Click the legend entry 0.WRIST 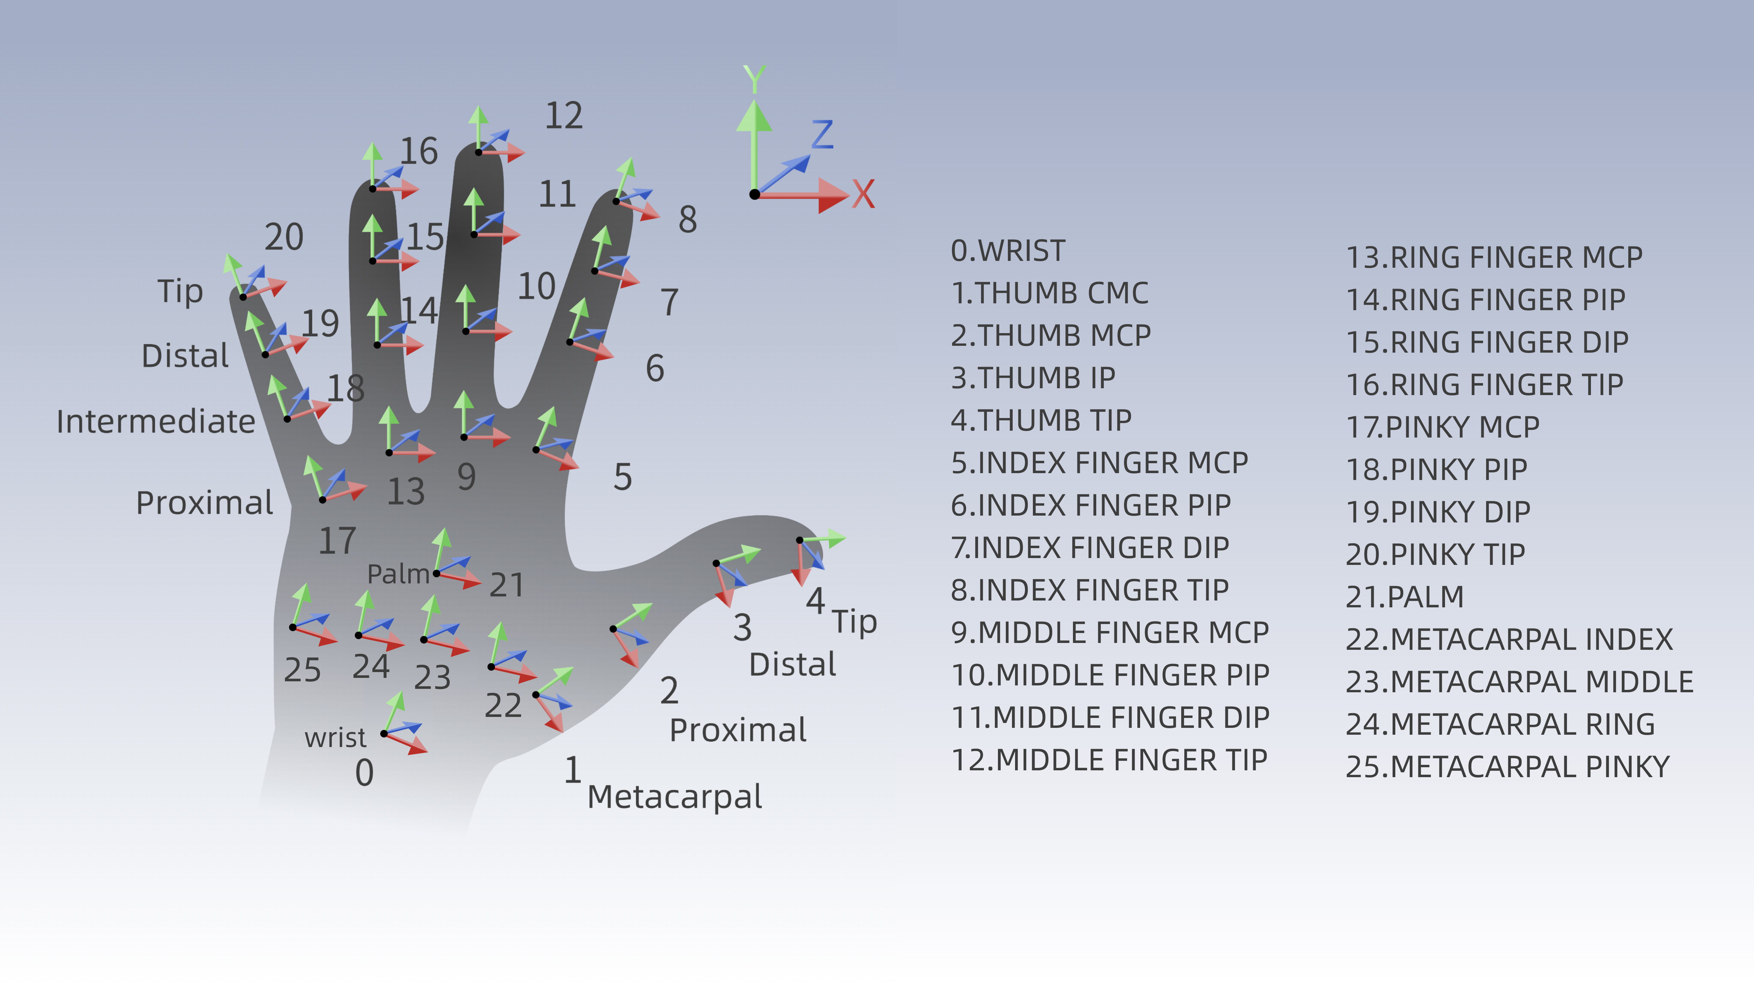1008,251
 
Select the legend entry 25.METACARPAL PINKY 1507,767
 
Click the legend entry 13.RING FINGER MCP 1494,257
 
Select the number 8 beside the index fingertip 688,220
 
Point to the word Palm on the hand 398,574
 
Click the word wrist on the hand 335,738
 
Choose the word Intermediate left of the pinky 155,422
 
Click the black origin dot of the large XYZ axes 754,194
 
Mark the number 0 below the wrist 364,773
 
